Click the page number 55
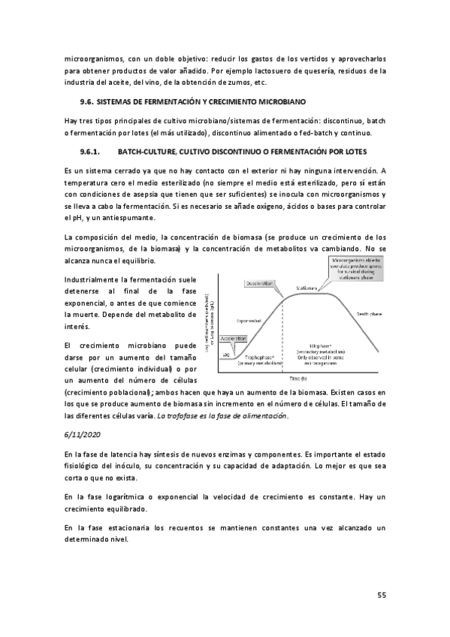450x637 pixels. (381, 596)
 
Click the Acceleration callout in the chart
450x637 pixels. (233, 339)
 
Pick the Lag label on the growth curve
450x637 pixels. (226, 353)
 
